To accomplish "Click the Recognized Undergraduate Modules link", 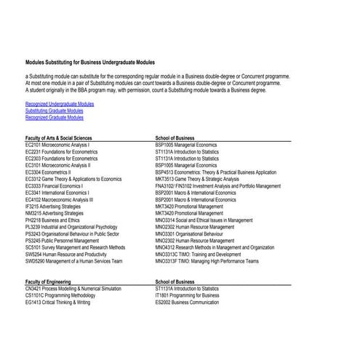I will (x=60, y=104).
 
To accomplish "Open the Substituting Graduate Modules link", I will (x=59, y=111).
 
